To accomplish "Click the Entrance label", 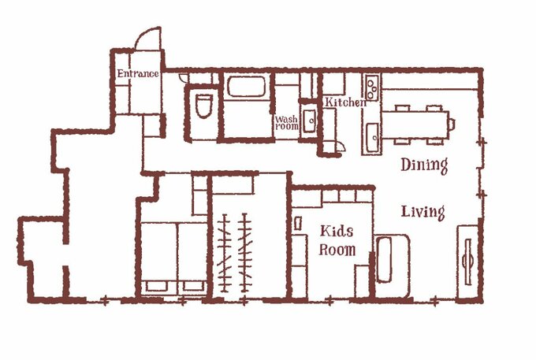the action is [x=138, y=73].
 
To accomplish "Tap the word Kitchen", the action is [x=345, y=102].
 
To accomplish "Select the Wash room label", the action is [x=286, y=123].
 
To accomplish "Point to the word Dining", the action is [x=424, y=165].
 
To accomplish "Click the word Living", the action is [x=422, y=212].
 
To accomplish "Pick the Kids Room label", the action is [x=337, y=241].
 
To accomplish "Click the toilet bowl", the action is [x=203, y=106].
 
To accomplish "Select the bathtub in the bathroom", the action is [x=246, y=87].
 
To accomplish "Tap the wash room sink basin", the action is [x=310, y=121].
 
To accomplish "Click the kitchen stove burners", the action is [x=372, y=87].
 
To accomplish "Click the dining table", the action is [x=415, y=124].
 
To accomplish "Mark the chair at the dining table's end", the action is [x=452, y=124].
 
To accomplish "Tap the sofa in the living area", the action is [x=392, y=263].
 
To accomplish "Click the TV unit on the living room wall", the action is [x=467, y=262].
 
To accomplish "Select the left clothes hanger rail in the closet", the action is [x=224, y=253].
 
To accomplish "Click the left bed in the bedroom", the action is [x=159, y=258].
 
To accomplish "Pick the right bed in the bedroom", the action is [x=192, y=258].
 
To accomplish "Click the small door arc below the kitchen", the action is [x=341, y=147].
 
